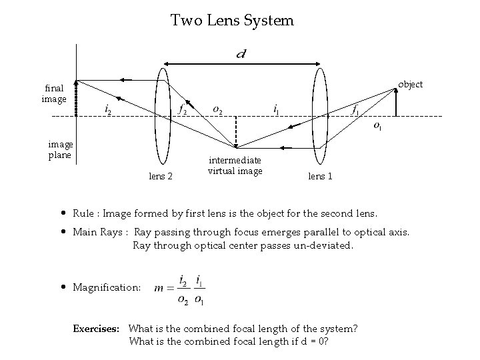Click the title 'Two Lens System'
231,21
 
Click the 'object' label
410,85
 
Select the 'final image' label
54,93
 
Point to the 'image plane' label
61,150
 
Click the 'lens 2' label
160,176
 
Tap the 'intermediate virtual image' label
235,165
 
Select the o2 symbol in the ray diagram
217,109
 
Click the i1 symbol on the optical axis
277,109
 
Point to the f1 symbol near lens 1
357,109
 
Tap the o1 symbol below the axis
377,125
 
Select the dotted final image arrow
77,99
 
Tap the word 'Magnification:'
107,288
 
